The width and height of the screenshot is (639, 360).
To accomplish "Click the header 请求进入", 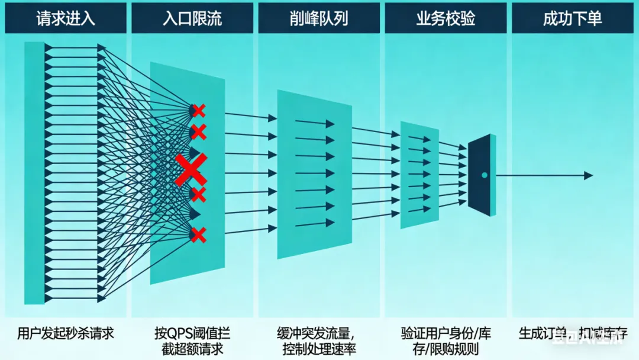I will pyautogui.click(x=65, y=18).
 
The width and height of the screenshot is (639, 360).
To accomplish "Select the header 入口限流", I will pyautogui.click(x=192, y=18).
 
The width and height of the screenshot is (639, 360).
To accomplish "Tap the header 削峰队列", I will pyautogui.click(x=319, y=18).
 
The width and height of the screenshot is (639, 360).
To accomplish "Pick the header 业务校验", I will pyautogui.click(x=446, y=18).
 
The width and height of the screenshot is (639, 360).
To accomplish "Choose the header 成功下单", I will pyautogui.click(x=572, y=18).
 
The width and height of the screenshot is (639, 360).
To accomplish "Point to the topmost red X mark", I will pyautogui.click(x=199, y=110).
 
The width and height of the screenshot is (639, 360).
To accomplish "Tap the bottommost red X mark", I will pyautogui.click(x=199, y=235).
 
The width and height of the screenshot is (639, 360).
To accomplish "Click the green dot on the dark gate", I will pyautogui.click(x=485, y=175).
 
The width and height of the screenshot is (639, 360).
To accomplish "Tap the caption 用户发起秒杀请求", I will pyautogui.click(x=65, y=333).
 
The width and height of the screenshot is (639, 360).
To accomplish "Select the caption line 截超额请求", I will pyautogui.click(x=192, y=348).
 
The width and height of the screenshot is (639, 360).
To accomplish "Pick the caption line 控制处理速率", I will pyautogui.click(x=319, y=348).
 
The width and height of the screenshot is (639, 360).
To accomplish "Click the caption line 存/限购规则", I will pyautogui.click(x=446, y=348).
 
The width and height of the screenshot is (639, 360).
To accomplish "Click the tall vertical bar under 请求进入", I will pyautogui.click(x=35, y=173).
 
